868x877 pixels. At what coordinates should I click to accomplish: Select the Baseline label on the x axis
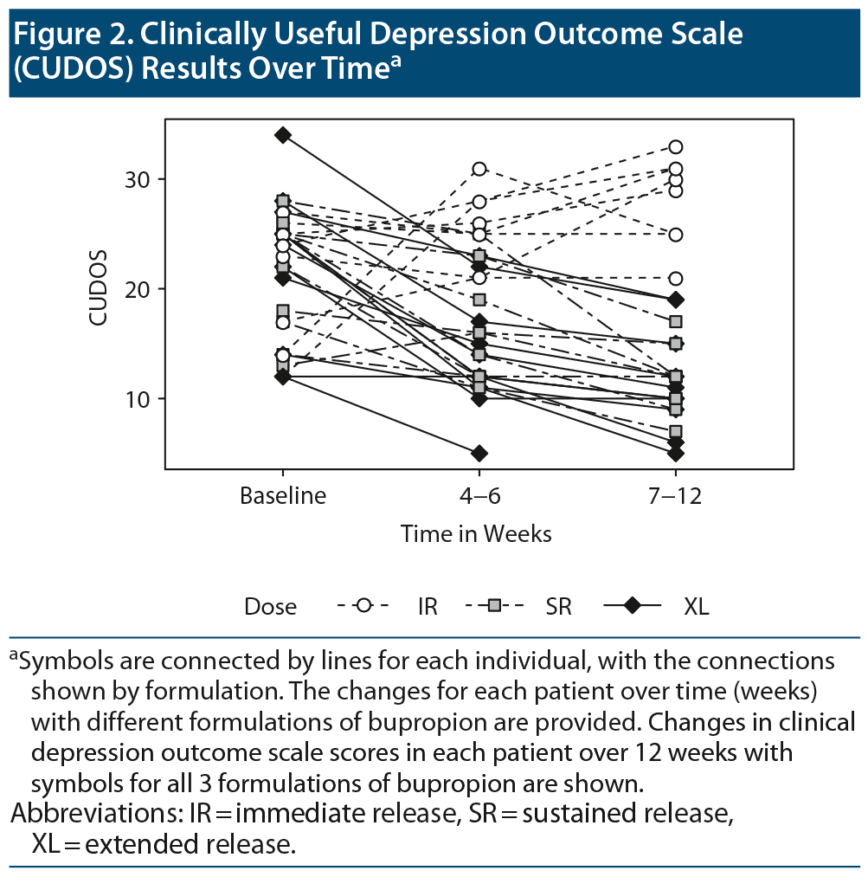coord(283,497)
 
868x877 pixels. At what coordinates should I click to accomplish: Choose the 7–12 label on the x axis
coord(675,497)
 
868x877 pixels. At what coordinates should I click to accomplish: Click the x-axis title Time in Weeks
coord(476,533)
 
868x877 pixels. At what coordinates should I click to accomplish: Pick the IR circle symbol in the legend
coord(364,606)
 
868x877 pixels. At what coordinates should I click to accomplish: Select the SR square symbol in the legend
coord(494,606)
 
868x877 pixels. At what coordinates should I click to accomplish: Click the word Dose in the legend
coord(270,607)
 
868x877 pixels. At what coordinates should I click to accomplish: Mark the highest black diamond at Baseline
coord(283,135)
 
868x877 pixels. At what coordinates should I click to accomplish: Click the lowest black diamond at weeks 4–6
coord(479,453)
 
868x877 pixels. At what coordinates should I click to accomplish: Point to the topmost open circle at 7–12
coord(675,147)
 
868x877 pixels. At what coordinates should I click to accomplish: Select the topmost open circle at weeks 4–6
coord(479,169)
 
